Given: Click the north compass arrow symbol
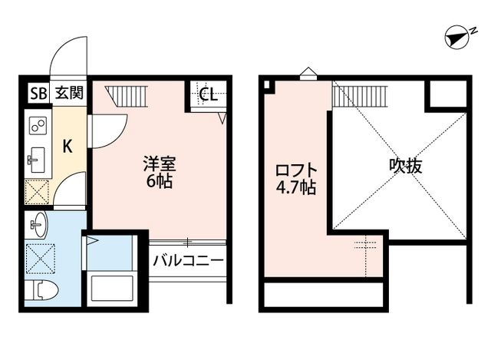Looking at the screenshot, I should [x=458, y=36].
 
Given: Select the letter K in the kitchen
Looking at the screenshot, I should [x=67, y=145].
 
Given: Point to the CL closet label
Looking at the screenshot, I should [x=207, y=95].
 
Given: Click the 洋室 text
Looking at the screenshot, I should [x=160, y=163].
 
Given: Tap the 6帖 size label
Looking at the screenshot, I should [x=160, y=182].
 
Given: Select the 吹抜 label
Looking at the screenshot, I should [x=407, y=165].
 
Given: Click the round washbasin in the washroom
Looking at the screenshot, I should [x=38, y=226].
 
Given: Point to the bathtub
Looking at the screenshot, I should [x=112, y=288].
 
